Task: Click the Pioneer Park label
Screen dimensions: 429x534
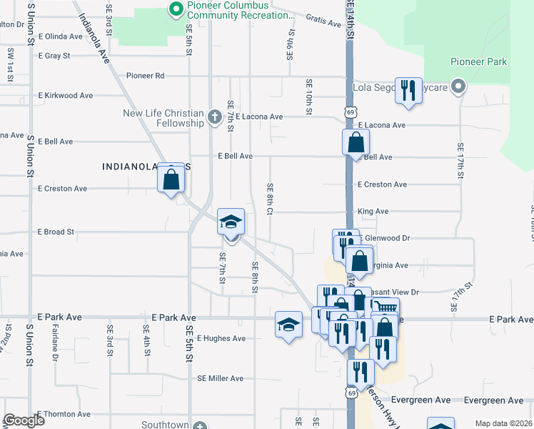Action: pos(478,61)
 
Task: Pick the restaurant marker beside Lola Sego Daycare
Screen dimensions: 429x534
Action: pos(408,91)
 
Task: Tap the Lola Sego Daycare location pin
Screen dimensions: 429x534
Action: pos(459,88)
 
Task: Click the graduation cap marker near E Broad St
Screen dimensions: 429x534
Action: pos(231,223)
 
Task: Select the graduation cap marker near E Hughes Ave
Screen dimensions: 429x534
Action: pos(288,325)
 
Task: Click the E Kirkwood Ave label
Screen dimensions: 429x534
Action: pos(66,95)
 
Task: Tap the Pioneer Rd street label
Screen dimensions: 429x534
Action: pos(145,75)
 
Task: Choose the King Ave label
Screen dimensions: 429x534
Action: pos(373,212)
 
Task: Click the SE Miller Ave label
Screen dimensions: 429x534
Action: pos(221,378)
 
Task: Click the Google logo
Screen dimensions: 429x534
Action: pos(24,420)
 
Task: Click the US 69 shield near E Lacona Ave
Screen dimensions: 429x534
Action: pos(350,112)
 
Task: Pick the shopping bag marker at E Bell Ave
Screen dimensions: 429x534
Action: pos(356,143)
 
